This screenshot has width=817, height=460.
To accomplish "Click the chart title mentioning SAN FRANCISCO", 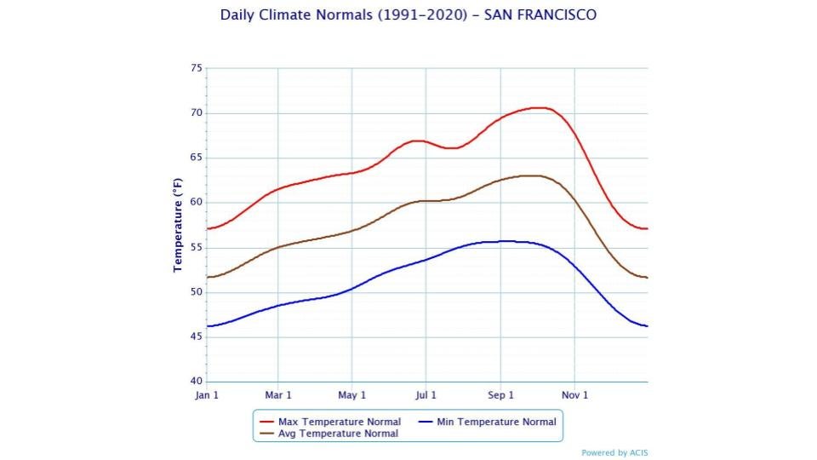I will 408,15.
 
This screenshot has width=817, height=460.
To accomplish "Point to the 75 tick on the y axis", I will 197,68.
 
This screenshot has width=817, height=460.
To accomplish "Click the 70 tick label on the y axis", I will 197,113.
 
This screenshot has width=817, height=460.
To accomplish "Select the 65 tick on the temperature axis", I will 197,158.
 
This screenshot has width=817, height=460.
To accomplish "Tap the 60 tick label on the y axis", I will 197,203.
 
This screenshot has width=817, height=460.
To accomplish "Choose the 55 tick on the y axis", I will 197,248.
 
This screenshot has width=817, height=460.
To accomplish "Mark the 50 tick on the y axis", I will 197,292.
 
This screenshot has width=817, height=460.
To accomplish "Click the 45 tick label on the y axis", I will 197,337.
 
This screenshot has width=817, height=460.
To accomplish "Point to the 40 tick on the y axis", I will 197,382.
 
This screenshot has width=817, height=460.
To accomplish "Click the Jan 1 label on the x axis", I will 206,395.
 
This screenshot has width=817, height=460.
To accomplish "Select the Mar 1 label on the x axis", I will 278,395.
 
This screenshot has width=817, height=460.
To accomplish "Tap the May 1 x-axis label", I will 351,395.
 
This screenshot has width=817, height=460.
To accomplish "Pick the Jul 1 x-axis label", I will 426,395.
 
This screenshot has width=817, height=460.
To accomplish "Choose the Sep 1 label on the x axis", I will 500,395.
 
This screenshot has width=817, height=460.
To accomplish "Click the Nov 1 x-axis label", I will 574,395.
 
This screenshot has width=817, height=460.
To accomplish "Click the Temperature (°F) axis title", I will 178,225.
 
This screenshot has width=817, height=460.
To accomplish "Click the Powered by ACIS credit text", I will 614,453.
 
